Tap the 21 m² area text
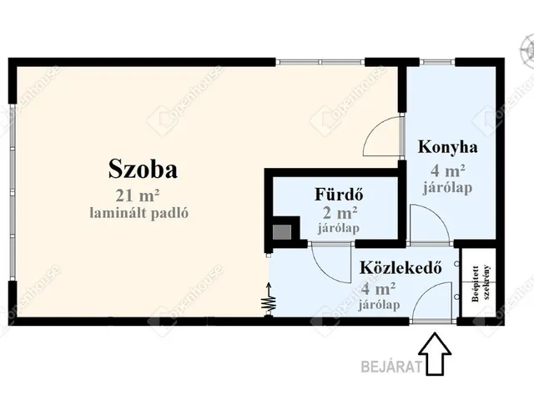(139, 196)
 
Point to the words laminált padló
(139, 213)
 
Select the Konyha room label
(447, 148)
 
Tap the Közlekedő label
(400, 269)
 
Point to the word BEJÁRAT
(388, 365)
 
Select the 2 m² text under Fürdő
(340, 212)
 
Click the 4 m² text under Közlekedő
(379, 289)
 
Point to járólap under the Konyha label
(448, 187)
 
